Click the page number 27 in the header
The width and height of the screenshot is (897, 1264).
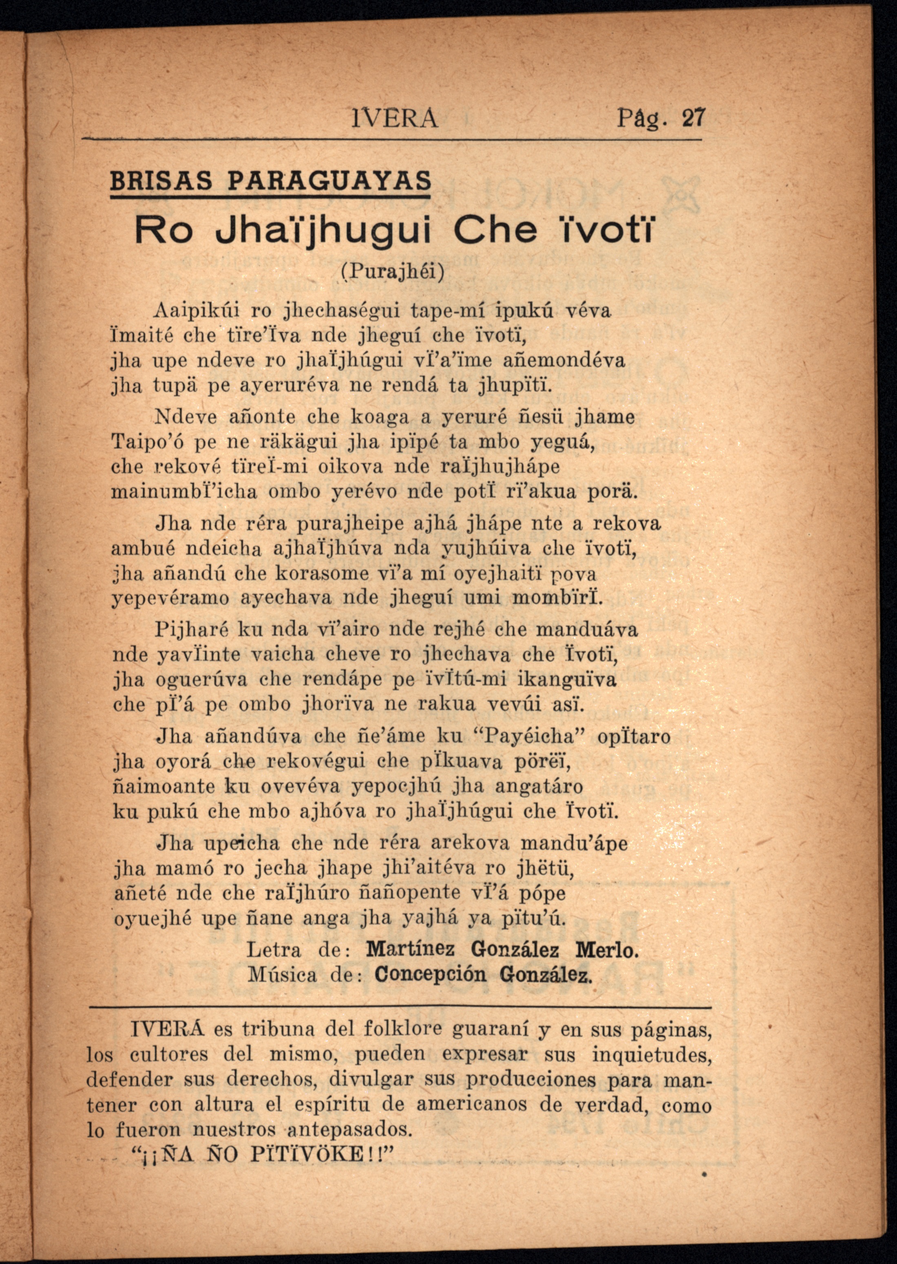point(694,119)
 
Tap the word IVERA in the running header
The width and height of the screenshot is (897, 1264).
point(394,119)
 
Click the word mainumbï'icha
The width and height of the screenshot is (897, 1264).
point(184,491)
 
